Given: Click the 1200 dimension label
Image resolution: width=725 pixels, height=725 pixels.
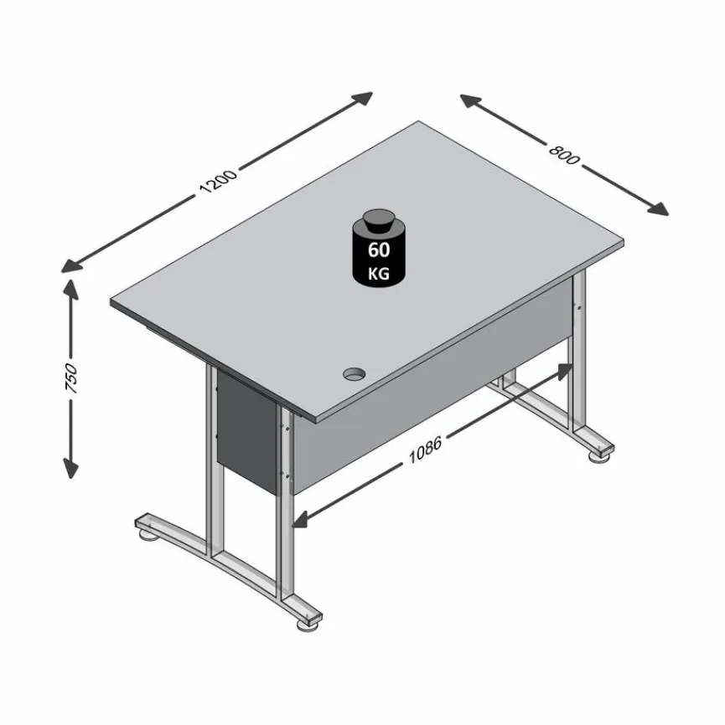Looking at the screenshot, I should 219,181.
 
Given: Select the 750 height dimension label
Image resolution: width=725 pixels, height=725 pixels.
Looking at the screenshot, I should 71,379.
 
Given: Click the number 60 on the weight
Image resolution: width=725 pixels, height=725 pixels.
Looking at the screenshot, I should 379,249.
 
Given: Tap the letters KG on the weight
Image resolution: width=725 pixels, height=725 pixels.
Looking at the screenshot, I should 379,273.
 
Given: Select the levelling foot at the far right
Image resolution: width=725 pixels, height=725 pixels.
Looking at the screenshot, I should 600,455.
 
